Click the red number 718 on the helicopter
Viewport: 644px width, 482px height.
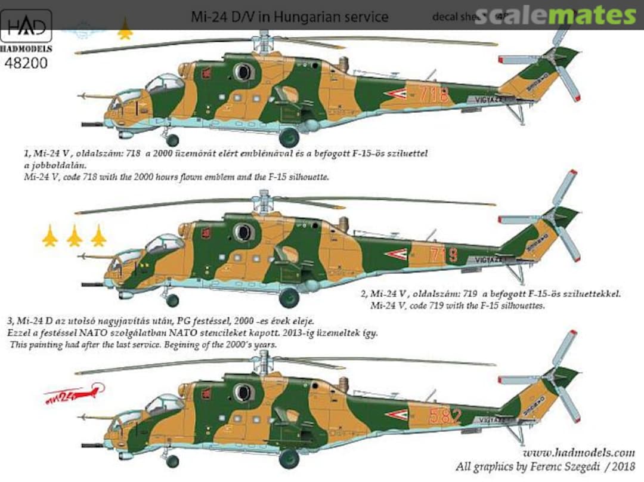[x=434, y=94]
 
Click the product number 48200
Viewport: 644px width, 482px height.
[x=26, y=62]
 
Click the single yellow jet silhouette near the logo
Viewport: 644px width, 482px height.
[x=125, y=29]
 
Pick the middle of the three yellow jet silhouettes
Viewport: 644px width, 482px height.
[x=75, y=236]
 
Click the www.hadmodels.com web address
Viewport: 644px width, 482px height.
[x=574, y=452]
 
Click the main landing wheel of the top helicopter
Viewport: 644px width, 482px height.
[x=289, y=137]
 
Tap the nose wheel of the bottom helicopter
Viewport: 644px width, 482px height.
[x=172, y=461]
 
